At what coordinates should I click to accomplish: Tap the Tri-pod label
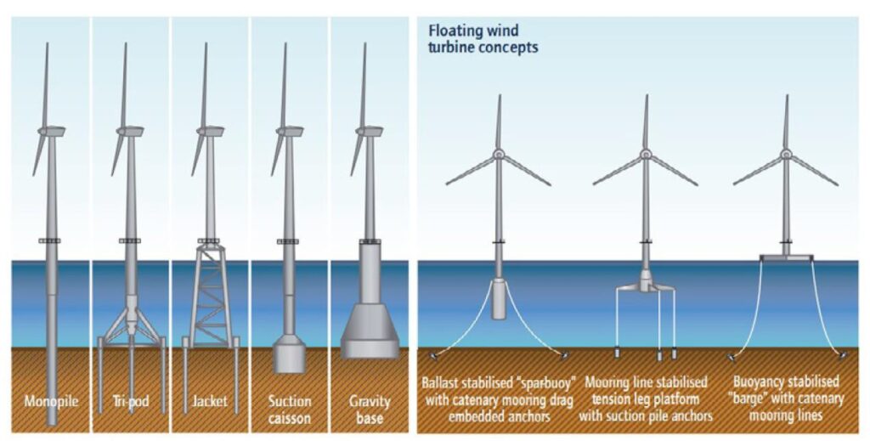pos(129,400)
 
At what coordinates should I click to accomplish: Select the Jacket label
pos(209,400)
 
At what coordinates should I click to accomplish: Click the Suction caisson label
pos(289,408)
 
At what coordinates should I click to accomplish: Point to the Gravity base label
pos(369,408)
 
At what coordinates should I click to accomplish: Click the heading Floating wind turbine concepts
pos(483,39)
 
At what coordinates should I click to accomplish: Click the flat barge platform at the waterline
pos(787,257)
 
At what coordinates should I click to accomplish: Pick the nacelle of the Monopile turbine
pos(53,131)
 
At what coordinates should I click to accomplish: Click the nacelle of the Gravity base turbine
pos(370,131)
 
